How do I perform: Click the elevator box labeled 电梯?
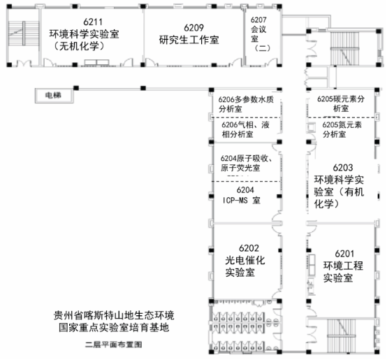tap(54, 95)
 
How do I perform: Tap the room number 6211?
tap(92, 22)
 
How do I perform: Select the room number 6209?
tap(193, 28)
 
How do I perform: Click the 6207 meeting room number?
tap(258, 20)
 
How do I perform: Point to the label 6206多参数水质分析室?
tap(246, 104)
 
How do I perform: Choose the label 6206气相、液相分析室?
tap(245, 129)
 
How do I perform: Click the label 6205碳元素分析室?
tap(341, 103)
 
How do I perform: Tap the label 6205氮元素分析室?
tap(342, 129)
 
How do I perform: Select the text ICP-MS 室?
tap(242, 200)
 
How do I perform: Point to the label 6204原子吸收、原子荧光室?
tap(246, 163)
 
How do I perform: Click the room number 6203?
tap(343, 168)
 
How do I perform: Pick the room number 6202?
tap(249, 248)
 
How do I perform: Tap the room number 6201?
tap(344, 254)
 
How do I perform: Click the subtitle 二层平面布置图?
tap(114, 345)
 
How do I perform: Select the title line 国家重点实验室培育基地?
tap(114, 327)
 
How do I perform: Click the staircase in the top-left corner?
tap(24, 34)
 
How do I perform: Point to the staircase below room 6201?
tap(342, 336)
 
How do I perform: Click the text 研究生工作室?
tap(189, 40)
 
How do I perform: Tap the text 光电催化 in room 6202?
tap(244, 260)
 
